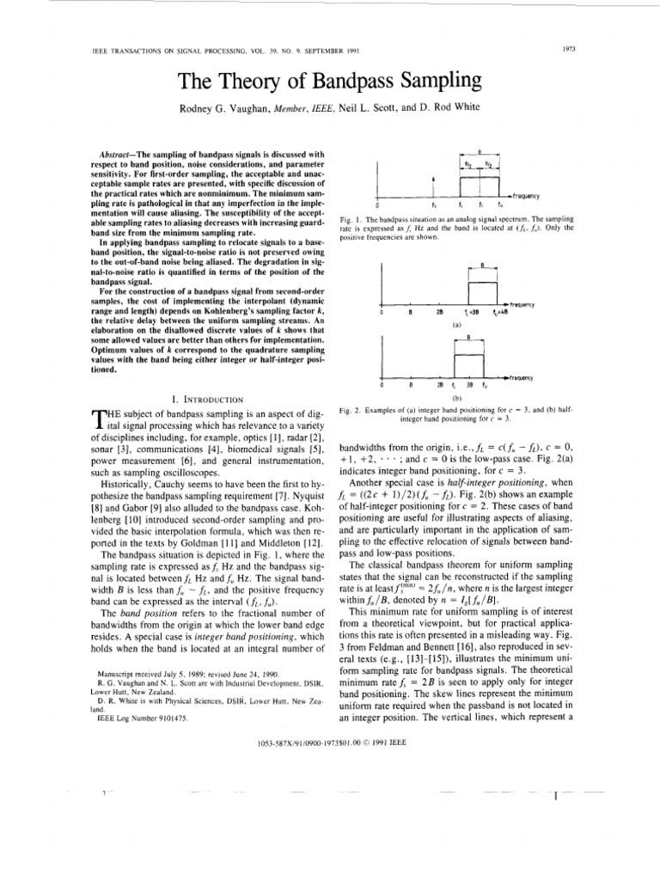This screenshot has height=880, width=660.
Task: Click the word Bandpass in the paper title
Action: pyautogui.click(x=365, y=82)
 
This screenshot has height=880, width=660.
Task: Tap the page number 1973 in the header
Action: pyautogui.click(x=568, y=48)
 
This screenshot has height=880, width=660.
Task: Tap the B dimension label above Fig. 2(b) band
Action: pyautogui.click(x=468, y=338)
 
